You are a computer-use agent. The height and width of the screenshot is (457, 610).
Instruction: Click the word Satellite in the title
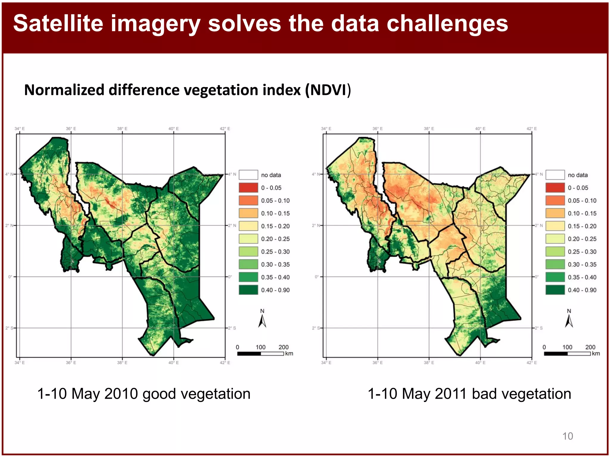tap(58, 24)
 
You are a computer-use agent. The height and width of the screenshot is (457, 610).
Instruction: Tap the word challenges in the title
tap(447, 24)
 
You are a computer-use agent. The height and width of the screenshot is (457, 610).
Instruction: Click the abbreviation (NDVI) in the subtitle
tap(328, 90)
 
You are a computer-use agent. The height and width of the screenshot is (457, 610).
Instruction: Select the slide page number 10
tap(567, 436)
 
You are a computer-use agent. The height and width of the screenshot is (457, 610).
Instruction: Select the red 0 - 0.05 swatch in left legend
tap(248, 188)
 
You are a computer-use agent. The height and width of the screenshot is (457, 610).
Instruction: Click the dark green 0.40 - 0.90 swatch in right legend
tap(555, 290)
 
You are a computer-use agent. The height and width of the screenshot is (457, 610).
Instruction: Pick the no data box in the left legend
tap(248, 175)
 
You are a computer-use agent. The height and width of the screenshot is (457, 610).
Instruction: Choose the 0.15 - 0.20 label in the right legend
tap(582, 226)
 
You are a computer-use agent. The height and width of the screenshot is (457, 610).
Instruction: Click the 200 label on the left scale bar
tap(284, 347)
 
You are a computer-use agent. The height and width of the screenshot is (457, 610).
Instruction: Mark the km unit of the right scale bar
tap(596, 353)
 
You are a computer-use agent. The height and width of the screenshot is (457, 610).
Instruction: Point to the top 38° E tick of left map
tap(122, 129)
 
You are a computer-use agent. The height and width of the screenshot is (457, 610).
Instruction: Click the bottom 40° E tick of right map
tap(480, 363)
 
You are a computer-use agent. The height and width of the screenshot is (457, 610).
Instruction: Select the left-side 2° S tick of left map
tap(10, 328)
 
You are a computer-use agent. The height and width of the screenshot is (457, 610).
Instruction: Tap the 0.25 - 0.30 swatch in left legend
tap(248, 252)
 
